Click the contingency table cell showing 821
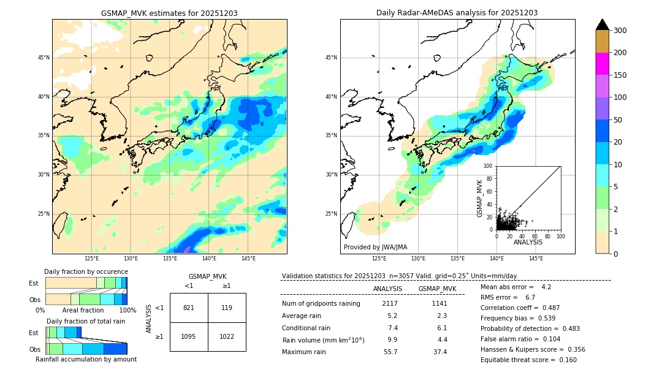point(188,308)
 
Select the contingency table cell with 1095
point(188,336)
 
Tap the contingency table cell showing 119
point(226,308)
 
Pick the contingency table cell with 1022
point(226,336)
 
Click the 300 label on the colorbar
point(621,31)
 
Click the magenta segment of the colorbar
point(602,64)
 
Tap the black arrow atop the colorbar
point(602,25)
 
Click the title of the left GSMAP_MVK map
point(169,13)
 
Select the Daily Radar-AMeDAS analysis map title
point(457,13)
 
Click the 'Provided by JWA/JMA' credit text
point(375,248)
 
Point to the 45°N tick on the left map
point(44,58)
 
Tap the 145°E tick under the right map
point(536,259)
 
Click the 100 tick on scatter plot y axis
point(489,165)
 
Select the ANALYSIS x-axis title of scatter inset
point(528,243)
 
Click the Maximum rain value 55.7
point(390,352)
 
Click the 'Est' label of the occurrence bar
point(34,283)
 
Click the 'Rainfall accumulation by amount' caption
point(86,360)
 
